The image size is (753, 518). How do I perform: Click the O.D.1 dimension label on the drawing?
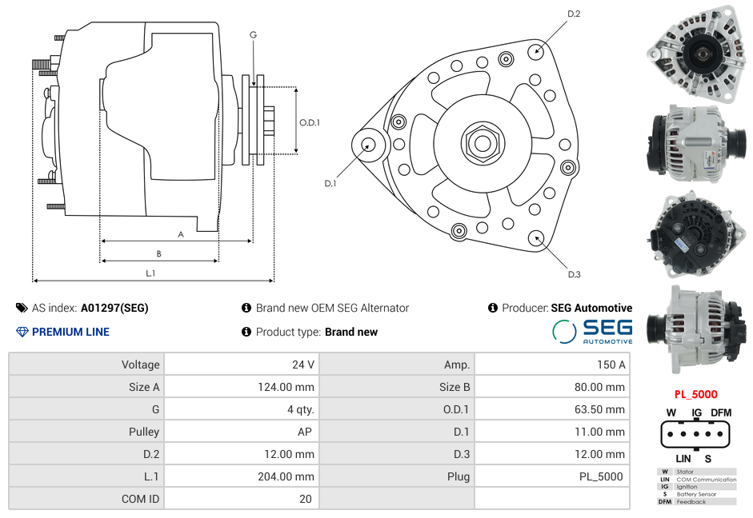[310, 123]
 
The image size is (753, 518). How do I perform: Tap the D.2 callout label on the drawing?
[574, 14]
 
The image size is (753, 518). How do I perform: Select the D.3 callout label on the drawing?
[574, 274]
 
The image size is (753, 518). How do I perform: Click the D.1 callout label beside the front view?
[330, 183]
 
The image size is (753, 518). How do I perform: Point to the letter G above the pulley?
[253, 34]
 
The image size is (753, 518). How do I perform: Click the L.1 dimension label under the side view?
[150, 273]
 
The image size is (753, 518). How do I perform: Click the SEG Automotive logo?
[593, 331]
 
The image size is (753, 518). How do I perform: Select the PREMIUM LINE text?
[70, 332]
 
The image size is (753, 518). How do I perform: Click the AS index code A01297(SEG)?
[114, 308]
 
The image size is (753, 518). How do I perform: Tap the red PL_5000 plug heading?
[695, 394]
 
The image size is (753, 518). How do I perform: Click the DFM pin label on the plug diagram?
[721, 412]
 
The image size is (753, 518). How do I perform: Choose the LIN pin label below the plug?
[683, 459]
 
